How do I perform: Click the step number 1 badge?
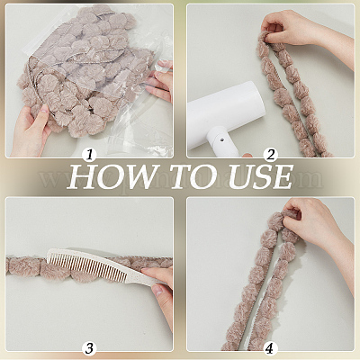pyautogui.click(x=89, y=155)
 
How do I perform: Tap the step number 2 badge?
pyautogui.click(x=271, y=155)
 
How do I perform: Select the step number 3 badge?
pyautogui.click(x=89, y=348)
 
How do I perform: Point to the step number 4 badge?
pyautogui.click(x=271, y=348)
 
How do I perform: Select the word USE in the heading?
pyautogui.click(x=260, y=177)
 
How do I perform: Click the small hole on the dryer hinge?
pyautogui.click(x=221, y=139)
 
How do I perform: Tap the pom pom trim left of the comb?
pyautogui.click(x=25, y=265)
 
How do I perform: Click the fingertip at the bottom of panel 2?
pyautogui.click(x=247, y=155)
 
